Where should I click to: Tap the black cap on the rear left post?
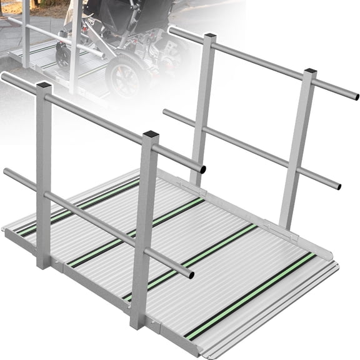[x=44, y=86]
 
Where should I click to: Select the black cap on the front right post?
[x=310, y=72]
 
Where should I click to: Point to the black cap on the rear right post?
[x=209, y=36]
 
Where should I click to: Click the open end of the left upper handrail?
[x=202, y=169]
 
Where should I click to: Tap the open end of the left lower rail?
[x=190, y=274]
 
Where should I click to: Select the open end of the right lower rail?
[x=337, y=186]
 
